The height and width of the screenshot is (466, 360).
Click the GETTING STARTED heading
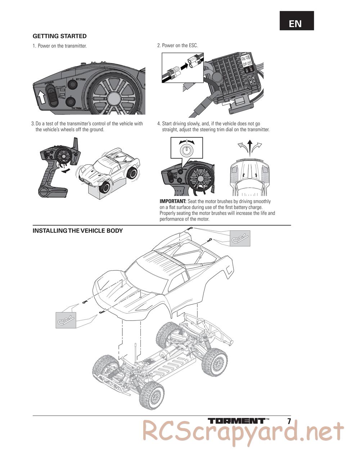click(x=59, y=36)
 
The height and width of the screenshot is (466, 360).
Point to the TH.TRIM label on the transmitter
click(x=77, y=108)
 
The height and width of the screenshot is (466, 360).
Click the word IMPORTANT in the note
click(x=173, y=201)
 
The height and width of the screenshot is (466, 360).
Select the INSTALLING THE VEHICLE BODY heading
click(x=77, y=231)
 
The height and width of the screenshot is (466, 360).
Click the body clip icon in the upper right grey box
click(x=240, y=238)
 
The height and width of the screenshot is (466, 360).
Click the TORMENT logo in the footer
click(x=237, y=421)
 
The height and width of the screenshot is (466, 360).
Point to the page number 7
click(x=289, y=421)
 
